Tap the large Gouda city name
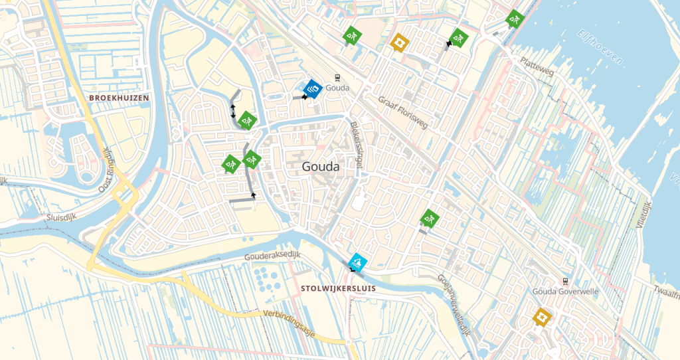[x=320, y=167]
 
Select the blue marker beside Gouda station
[x=312, y=88]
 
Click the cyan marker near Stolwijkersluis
[x=357, y=261]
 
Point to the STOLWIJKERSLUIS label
[x=338, y=289]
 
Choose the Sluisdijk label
[x=58, y=217]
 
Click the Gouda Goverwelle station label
[x=565, y=291]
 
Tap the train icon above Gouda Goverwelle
[x=565, y=280]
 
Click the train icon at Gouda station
[x=337, y=78]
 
